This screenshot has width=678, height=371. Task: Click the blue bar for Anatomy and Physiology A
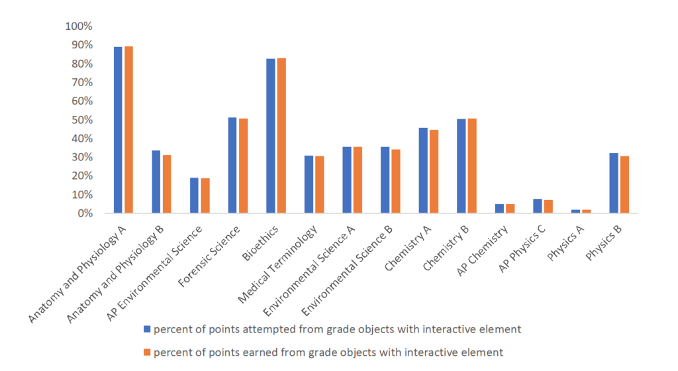click(x=118, y=130)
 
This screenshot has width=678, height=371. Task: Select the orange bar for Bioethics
click(x=281, y=136)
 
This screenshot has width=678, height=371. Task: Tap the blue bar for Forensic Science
click(x=232, y=166)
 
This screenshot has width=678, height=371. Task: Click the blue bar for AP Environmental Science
click(x=194, y=195)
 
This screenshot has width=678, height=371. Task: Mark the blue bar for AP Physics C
click(x=538, y=206)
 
